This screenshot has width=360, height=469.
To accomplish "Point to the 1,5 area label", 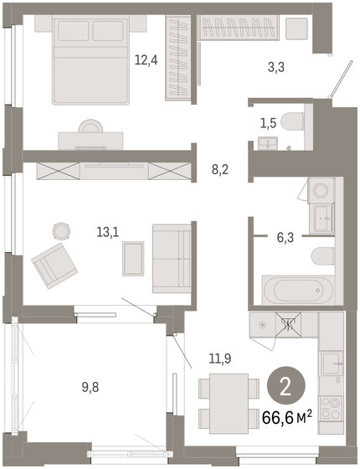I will coord(267,123).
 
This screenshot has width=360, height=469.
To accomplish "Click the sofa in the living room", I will coord(172,258).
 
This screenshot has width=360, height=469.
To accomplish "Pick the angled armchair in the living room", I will coord(54,265).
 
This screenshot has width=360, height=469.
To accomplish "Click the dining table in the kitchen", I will coord(228,404).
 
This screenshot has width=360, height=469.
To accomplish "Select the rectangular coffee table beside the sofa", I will coord(133,258).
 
